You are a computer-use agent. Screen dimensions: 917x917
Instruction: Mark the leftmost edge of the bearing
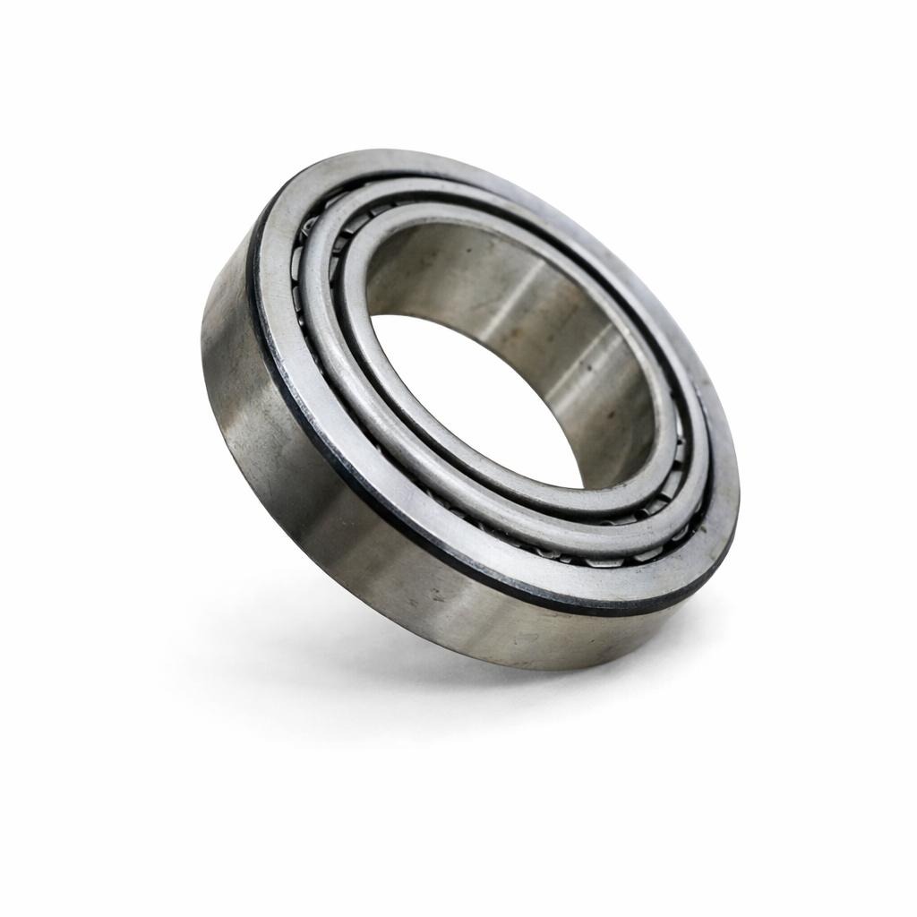pos(202,358)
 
